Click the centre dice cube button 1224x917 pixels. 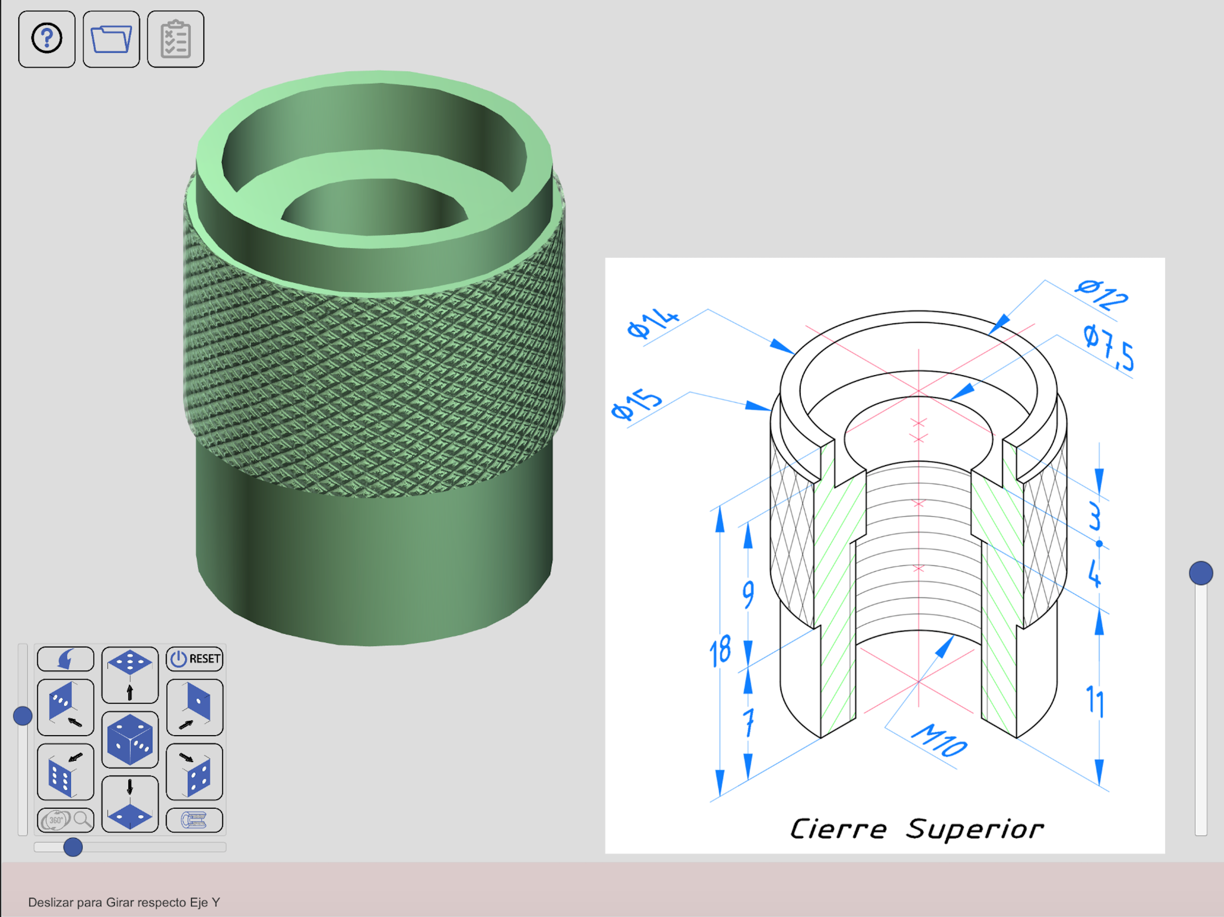tap(130, 739)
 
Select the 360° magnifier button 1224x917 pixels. tap(65, 820)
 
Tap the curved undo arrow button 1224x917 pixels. tap(65, 659)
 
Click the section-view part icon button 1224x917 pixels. tap(195, 820)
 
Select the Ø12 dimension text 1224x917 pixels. tap(1102, 294)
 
